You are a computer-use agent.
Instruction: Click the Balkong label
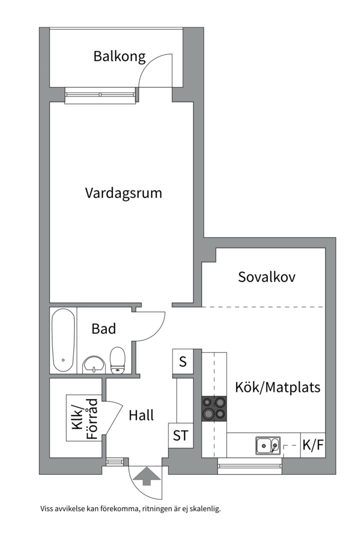tap(119, 56)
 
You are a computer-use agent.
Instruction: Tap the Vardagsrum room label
tap(123, 193)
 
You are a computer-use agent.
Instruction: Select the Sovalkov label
tap(266, 276)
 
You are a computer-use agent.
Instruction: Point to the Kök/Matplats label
tap(278, 387)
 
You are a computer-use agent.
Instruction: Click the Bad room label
tap(103, 328)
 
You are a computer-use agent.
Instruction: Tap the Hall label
tap(141, 415)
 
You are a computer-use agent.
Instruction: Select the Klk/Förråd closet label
tap(84, 418)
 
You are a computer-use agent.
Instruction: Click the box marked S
tap(183, 361)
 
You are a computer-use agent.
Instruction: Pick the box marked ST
tap(180, 435)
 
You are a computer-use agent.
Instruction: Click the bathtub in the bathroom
tap(63, 340)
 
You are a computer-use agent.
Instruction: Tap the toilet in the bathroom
tap(117, 360)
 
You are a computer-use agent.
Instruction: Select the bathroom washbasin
tap(93, 364)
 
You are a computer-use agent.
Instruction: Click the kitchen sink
tap(268, 444)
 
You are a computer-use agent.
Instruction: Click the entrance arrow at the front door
tap(145, 475)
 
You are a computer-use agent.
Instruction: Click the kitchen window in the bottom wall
tap(250, 468)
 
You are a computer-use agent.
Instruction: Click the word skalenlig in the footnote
tap(204, 509)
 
